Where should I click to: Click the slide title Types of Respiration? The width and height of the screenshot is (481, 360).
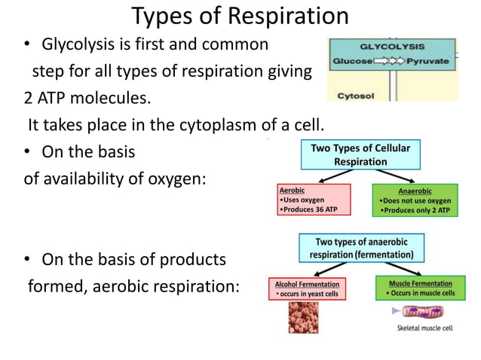click(240, 16)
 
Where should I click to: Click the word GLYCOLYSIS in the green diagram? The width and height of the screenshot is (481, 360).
click(392, 46)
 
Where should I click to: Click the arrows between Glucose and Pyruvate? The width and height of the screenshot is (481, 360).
click(391, 60)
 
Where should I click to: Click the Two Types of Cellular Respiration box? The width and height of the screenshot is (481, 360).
click(360, 154)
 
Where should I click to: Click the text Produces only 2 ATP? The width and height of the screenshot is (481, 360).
click(415, 210)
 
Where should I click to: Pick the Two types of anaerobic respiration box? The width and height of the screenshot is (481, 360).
click(365, 248)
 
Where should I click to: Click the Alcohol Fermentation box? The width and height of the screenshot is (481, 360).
click(307, 288)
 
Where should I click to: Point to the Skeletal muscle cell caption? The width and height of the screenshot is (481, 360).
click(425, 329)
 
